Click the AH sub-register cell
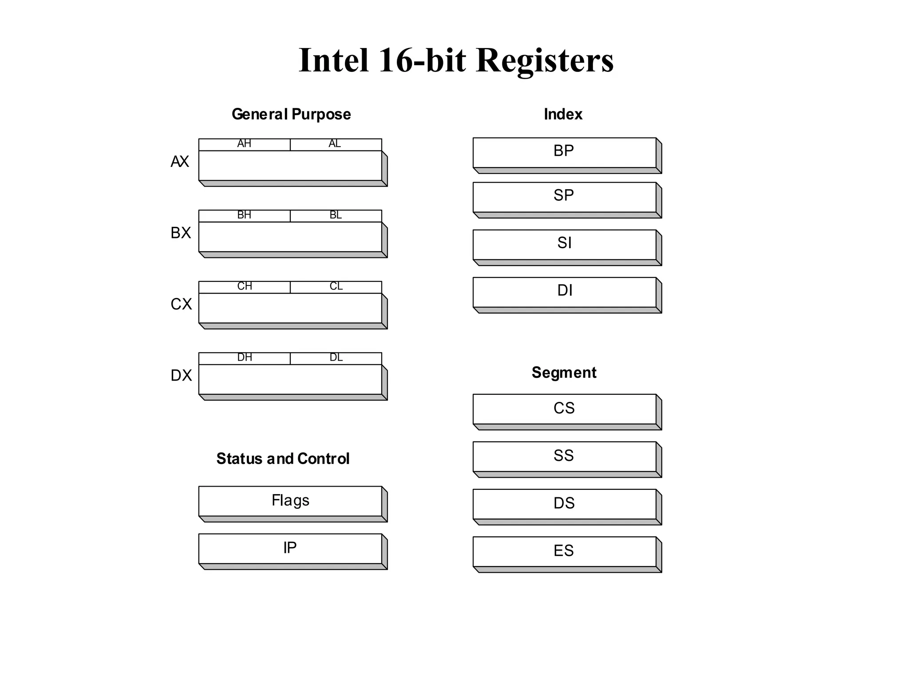(244, 144)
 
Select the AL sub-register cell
(336, 144)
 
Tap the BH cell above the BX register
(244, 216)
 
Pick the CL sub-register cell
(336, 287)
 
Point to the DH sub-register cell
(244, 358)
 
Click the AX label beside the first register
(180, 162)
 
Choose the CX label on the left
(181, 304)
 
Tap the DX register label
(181, 376)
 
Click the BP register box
(564, 152)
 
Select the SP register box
(564, 197)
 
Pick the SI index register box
(564, 244)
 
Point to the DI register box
(564, 292)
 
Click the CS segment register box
(564, 408)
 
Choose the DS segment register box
(564, 504)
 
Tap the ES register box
(564, 551)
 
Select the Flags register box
(290, 501)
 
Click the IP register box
(290, 548)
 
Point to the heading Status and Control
(283, 459)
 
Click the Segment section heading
(564, 373)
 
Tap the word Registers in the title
(545, 60)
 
